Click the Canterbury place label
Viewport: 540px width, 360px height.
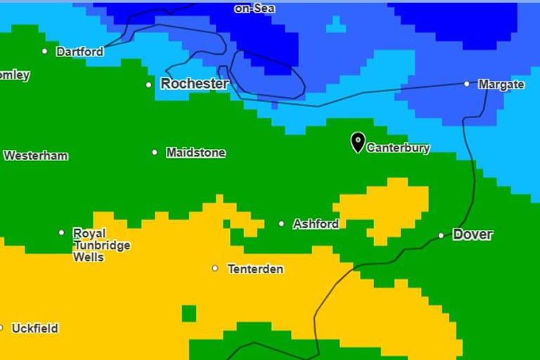pyautogui.click(x=398, y=148)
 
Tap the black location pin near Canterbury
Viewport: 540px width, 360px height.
pyautogui.click(x=358, y=142)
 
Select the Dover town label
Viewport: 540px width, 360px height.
pyautogui.click(x=472, y=235)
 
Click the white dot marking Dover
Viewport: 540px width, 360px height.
pyautogui.click(x=441, y=236)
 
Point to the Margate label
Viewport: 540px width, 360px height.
pyautogui.click(x=501, y=84)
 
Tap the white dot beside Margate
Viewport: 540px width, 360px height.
pyautogui.click(x=466, y=84)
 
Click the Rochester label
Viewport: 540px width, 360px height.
pyautogui.click(x=195, y=84)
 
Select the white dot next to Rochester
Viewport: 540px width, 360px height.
pyautogui.click(x=148, y=85)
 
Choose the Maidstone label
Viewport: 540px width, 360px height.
pyautogui.click(x=195, y=153)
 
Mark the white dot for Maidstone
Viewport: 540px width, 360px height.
pyautogui.click(x=155, y=152)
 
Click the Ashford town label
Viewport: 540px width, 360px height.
pyautogui.click(x=316, y=224)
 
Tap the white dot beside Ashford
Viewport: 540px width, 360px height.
pyautogui.click(x=281, y=224)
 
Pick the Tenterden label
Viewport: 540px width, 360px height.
pyautogui.click(x=255, y=269)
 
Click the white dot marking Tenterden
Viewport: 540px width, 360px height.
pyautogui.click(x=215, y=268)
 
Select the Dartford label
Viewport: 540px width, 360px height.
pyautogui.click(x=79, y=52)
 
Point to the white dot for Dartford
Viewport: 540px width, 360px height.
pyautogui.click(x=45, y=51)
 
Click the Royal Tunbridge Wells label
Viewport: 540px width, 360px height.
pyautogui.click(x=91, y=245)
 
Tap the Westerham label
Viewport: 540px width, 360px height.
pyautogui.click(x=36, y=156)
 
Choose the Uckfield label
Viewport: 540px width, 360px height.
pyautogui.click(x=34, y=328)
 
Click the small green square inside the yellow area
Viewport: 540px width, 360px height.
pyautogui.click(x=188, y=313)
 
